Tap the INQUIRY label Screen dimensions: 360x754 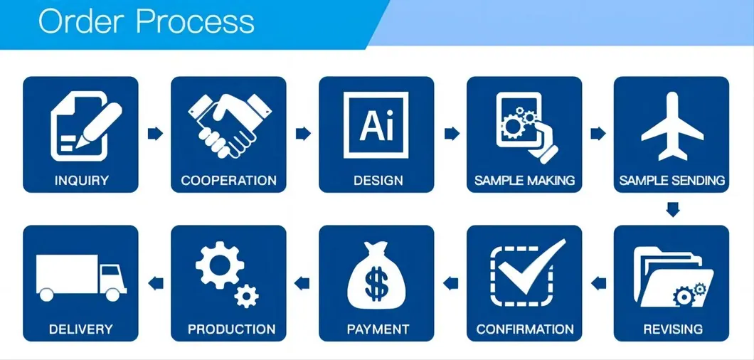[x=80, y=180]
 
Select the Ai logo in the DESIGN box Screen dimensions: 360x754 [x=376, y=125]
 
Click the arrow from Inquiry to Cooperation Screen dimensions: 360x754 [x=155, y=133]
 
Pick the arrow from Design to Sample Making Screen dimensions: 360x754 [x=451, y=133]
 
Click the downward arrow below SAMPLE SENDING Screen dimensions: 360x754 [x=671, y=209]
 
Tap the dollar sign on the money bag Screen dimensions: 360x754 [x=377, y=285]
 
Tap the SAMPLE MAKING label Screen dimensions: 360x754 [x=524, y=180]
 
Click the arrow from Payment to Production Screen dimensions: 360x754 [x=304, y=284]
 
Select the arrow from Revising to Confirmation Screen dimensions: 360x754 [x=599, y=284]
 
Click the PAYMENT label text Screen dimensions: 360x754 [x=378, y=329]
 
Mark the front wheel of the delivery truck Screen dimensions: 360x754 [x=112, y=293]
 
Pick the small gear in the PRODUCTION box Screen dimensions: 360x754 [x=246, y=295]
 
